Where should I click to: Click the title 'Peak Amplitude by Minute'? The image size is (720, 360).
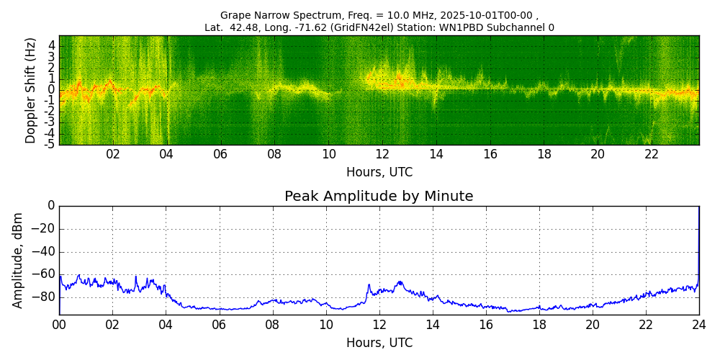(x=379, y=197)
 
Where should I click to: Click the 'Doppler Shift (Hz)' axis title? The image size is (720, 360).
(x=30, y=90)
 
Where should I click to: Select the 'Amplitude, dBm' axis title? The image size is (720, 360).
(x=18, y=260)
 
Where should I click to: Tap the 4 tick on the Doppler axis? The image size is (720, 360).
(x=52, y=45)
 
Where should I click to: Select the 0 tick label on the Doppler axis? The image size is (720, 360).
(x=52, y=90)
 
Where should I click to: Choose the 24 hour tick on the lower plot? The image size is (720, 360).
(x=698, y=325)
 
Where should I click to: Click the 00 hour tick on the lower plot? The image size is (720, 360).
(x=59, y=325)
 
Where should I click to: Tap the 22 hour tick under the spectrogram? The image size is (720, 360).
(x=652, y=154)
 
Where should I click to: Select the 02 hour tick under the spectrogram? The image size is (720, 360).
(x=113, y=154)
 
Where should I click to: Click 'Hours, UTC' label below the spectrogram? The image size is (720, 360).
(x=379, y=173)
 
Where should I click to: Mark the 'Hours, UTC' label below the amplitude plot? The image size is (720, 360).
(x=379, y=343)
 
